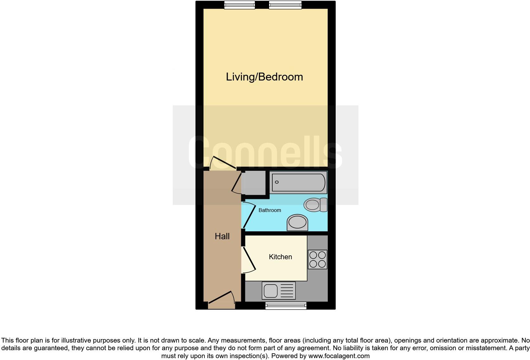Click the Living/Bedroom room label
(264, 77)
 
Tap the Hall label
(222, 236)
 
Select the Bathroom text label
(270, 210)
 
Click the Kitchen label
(280, 257)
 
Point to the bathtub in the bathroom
(298, 183)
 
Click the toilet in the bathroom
(315, 205)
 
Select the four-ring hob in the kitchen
(317, 260)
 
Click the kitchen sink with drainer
(279, 291)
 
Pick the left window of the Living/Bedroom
(239, 4)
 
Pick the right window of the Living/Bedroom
(285, 4)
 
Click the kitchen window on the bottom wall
(286, 305)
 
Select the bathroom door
(249, 215)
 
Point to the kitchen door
(249, 260)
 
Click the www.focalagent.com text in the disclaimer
(339, 356)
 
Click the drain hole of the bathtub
(277, 182)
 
